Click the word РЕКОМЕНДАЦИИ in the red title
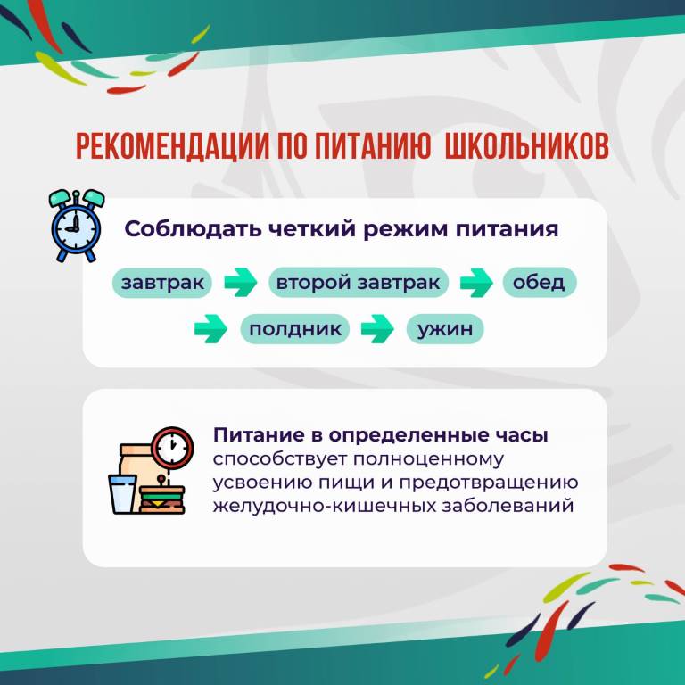172,146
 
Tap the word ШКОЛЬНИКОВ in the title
526,146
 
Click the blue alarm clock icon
77,226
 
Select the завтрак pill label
162,283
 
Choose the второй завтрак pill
359,282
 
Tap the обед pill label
539,282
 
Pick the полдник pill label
295,329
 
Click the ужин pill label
445,329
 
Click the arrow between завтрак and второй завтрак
241,282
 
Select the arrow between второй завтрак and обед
476,283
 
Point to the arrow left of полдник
210,328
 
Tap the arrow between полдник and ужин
377,328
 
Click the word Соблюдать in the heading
193,229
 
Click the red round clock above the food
172,448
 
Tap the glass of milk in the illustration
123,494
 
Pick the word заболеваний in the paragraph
508,506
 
